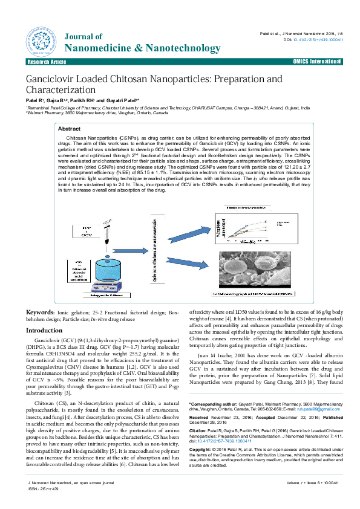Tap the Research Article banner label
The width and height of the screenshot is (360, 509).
[x=47, y=62]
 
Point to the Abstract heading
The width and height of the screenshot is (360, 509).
[x=69, y=129]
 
